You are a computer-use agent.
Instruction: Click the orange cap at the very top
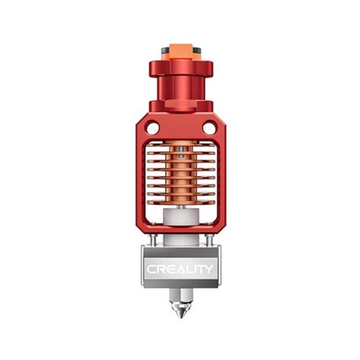point(180,54)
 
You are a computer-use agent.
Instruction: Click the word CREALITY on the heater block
point(180,268)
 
